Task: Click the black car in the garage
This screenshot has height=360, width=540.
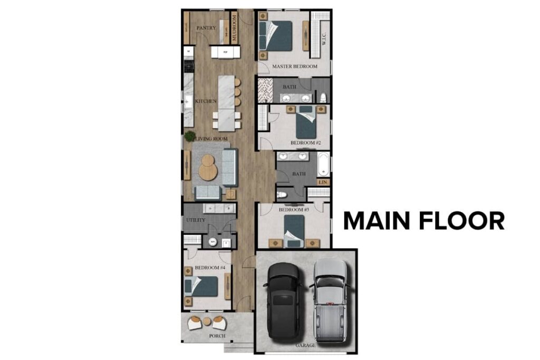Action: tap(283, 300)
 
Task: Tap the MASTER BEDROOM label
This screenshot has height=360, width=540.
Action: tap(294, 67)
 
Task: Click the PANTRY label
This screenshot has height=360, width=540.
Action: tap(206, 28)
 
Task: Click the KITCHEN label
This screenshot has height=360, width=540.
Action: tap(206, 101)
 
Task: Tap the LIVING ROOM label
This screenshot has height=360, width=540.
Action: tap(211, 139)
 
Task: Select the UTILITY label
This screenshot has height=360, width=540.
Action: tap(195, 220)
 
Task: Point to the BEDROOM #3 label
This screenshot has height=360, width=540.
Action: tap(294, 210)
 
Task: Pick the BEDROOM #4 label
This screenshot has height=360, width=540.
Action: tap(210, 268)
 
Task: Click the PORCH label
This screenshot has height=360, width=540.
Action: tap(217, 336)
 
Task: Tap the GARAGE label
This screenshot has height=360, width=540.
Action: tap(305, 345)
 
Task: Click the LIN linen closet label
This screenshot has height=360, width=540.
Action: tap(323, 182)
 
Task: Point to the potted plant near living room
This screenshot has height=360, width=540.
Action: tap(189, 136)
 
